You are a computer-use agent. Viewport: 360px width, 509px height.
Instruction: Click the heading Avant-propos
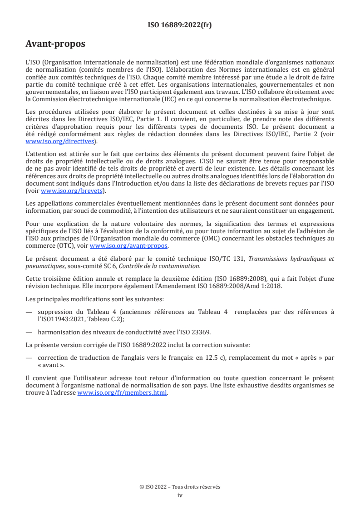pyautogui.click(x=55, y=44)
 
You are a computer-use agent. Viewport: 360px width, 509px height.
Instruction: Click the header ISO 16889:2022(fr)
pyautogui.click(x=180, y=25)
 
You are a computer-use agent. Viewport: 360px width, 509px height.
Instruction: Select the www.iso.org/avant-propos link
pyautogui.click(x=129, y=246)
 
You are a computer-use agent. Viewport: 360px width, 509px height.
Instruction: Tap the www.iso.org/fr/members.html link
pyautogui.click(x=122, y=393)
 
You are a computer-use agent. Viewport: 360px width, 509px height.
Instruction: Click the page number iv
pyautogui.click(x=180, y=495)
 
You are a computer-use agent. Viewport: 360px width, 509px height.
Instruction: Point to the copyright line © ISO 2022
pyautogui.click(x=180, y=487)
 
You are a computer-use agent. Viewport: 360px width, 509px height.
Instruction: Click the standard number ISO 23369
pyautogui.click(x=197, y=332)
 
